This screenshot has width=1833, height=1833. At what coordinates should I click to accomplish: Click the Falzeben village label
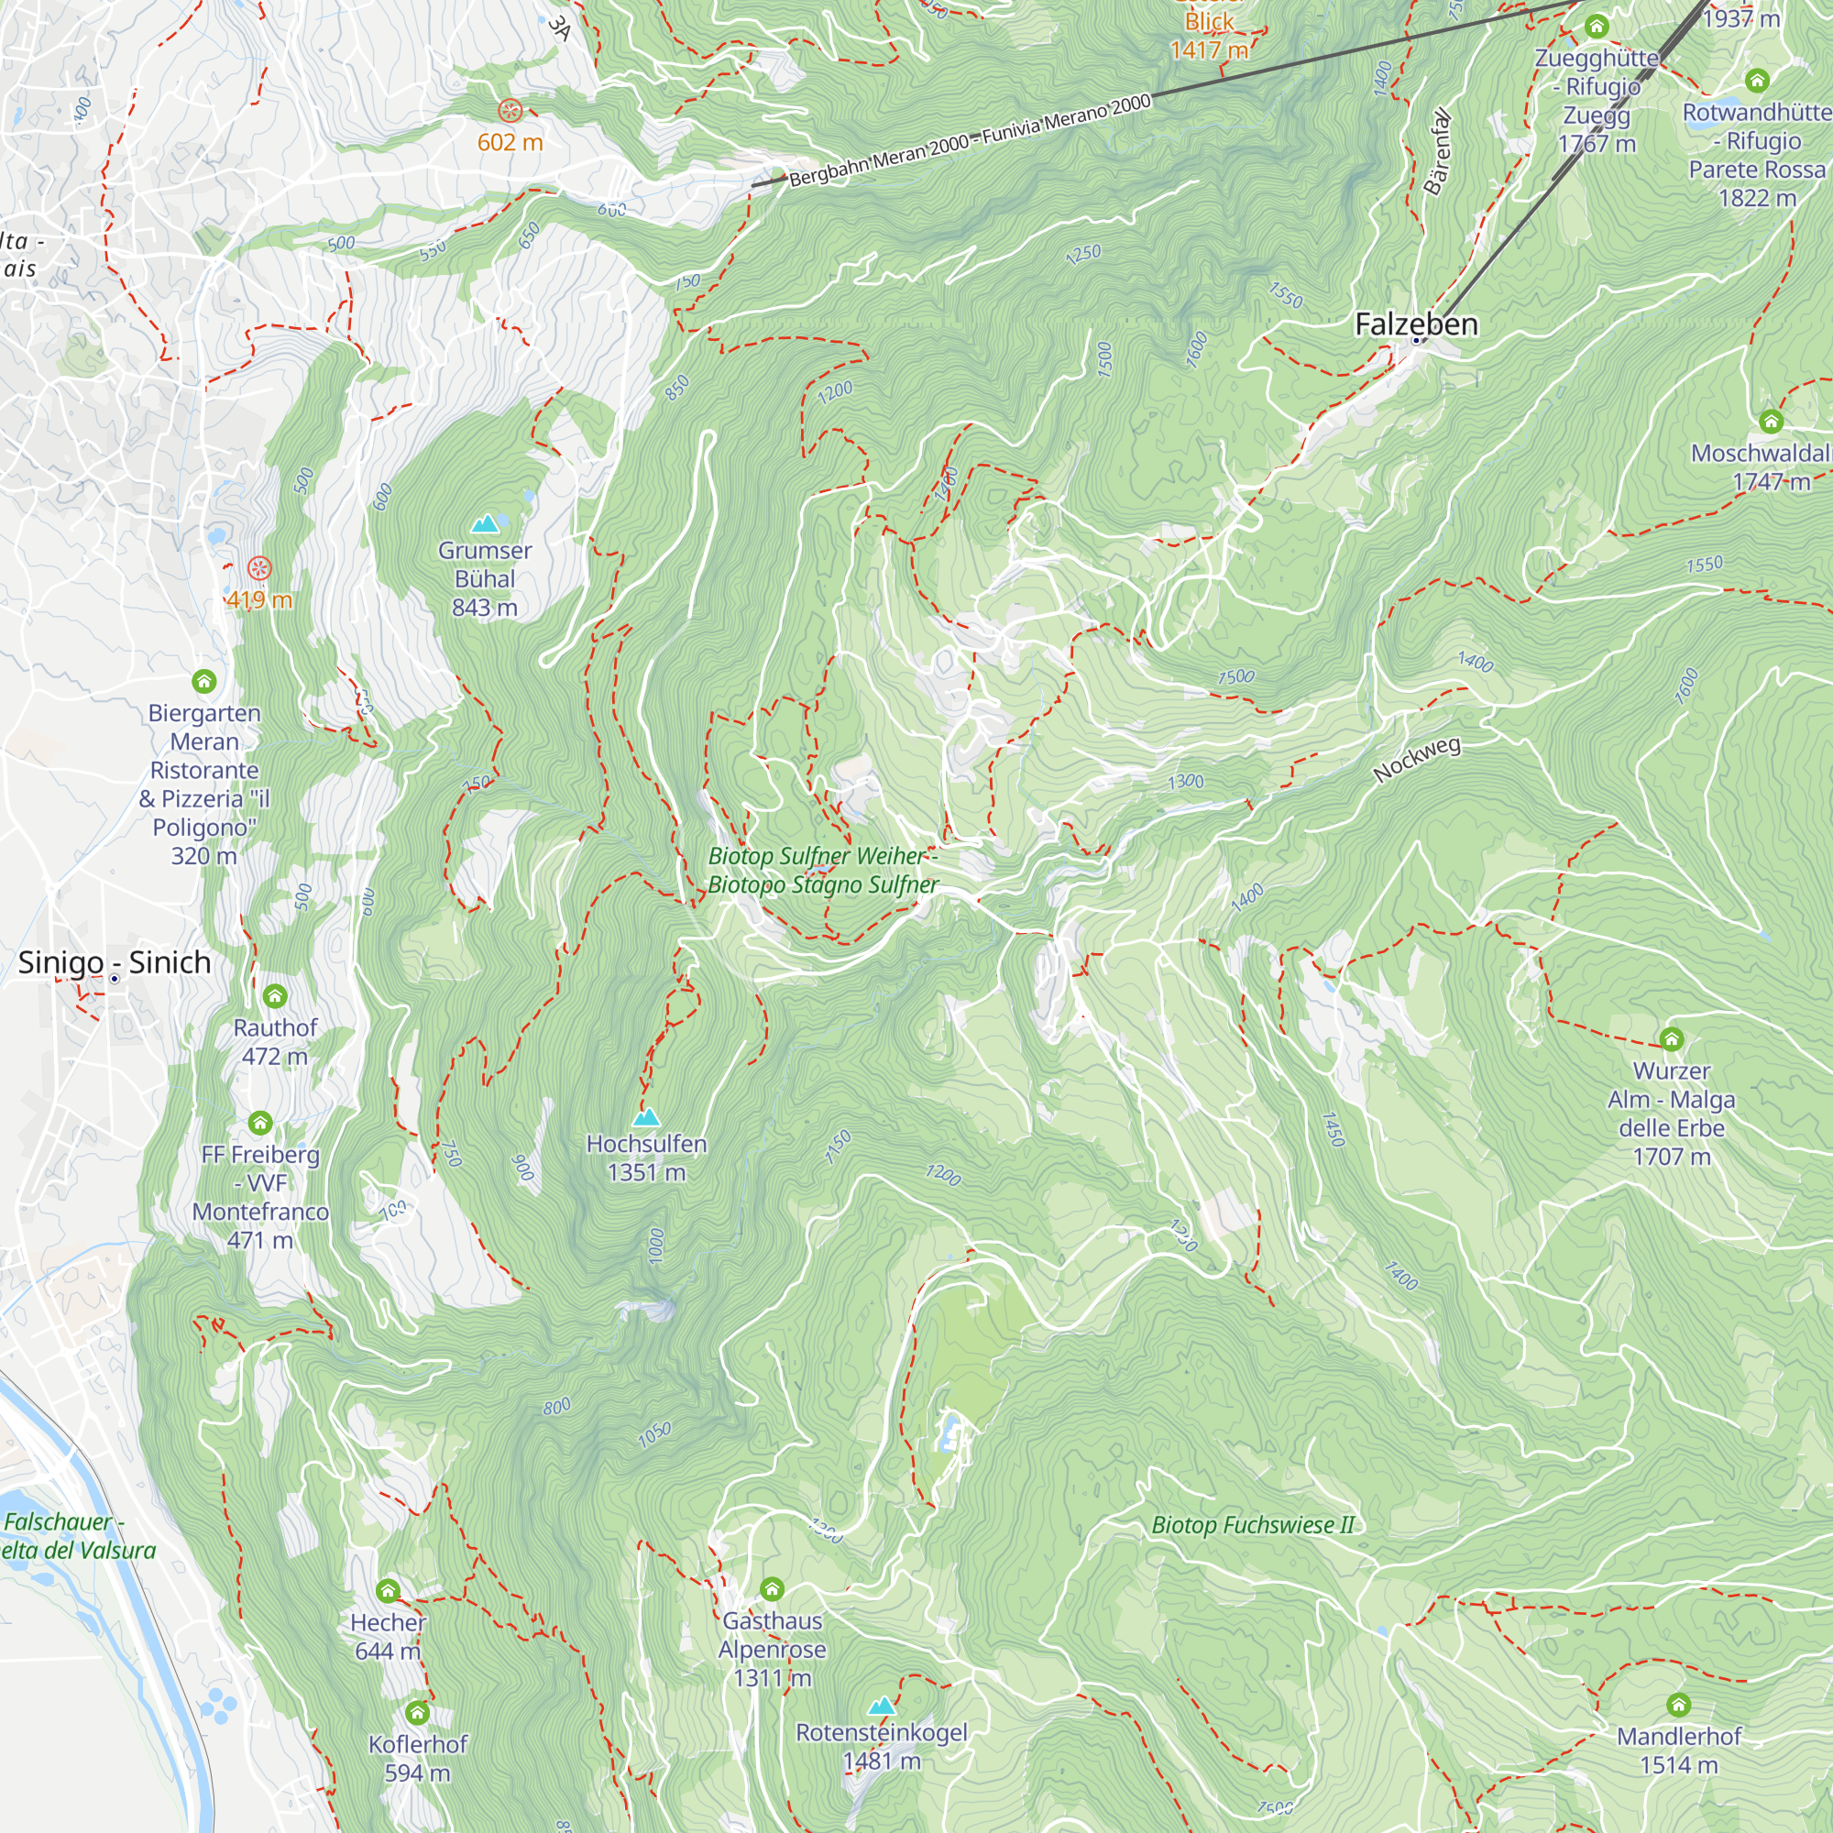tap(1416, 324)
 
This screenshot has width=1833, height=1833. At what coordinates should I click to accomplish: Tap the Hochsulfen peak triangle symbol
tap(646, 1116)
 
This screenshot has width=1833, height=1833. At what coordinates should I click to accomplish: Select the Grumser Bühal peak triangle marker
tap(485, 523)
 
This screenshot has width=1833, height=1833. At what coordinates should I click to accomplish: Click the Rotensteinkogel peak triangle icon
tap(882, 1706)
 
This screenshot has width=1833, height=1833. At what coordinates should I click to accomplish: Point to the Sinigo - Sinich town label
tap(114, 962)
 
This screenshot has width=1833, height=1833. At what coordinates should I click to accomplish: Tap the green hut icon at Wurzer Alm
tap(1671, 1039)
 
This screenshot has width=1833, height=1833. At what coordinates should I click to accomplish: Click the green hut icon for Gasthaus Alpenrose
tap(772, 1588)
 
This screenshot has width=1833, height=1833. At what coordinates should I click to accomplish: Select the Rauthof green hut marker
tap(274, 996)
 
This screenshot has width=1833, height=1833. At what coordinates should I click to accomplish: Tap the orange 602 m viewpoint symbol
tap(510, 111)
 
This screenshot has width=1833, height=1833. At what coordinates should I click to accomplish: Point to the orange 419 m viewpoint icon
tap(259, 569)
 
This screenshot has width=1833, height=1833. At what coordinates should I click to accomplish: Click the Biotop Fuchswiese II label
tap(1252, 1526)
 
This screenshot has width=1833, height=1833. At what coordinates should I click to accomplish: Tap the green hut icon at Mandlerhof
tap(1678, 1705)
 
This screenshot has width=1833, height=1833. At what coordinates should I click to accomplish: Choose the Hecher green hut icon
tap(387, 1591)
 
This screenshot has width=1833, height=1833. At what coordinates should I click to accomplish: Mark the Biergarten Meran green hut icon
tap(204, 681)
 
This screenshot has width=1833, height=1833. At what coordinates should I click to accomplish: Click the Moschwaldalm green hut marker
tap(1771, 422)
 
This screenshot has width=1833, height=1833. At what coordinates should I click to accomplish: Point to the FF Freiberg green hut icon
tap(260, 1124)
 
